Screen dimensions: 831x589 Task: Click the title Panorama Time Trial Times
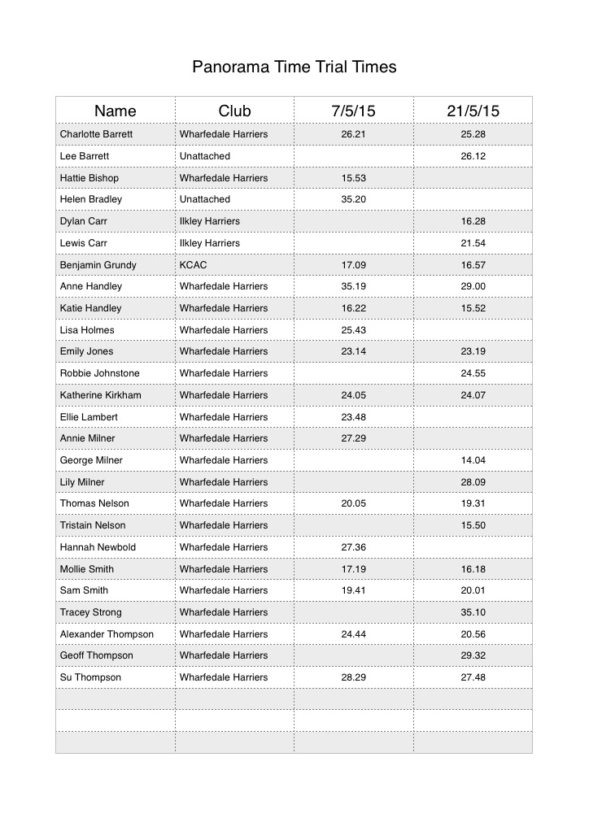[x=294, y=67]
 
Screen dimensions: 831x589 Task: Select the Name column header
[x=116, y=111]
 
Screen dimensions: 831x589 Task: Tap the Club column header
[x=234, y=111]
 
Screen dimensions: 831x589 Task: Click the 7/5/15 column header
[x=353, y=111]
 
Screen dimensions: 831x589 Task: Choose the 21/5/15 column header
[x=473, y=111]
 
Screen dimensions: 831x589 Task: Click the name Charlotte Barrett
[x=96, y=134]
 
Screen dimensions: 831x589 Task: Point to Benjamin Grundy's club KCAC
[x=192, y=265]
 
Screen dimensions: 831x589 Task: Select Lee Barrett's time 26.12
[x=473, y=156]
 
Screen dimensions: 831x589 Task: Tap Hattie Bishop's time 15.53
[x=353, y=178]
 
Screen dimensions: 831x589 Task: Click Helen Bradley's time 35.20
[x=353, y=199]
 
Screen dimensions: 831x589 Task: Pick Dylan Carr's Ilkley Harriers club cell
[x=209, y=221]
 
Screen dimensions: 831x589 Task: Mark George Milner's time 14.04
[x=473, y=460]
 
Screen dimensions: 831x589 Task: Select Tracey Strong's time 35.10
[x=473, y=612]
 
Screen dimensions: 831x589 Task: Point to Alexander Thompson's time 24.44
[x=353, y=634]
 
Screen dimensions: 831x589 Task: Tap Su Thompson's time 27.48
[x=473, y=677]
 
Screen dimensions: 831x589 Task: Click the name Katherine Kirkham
[x=100, y=395]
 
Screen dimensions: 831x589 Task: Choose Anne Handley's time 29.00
[x=473, y=286]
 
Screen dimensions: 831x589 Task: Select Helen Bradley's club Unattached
[x=204, y=199]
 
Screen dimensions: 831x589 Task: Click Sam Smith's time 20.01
[x=473, y=590]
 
